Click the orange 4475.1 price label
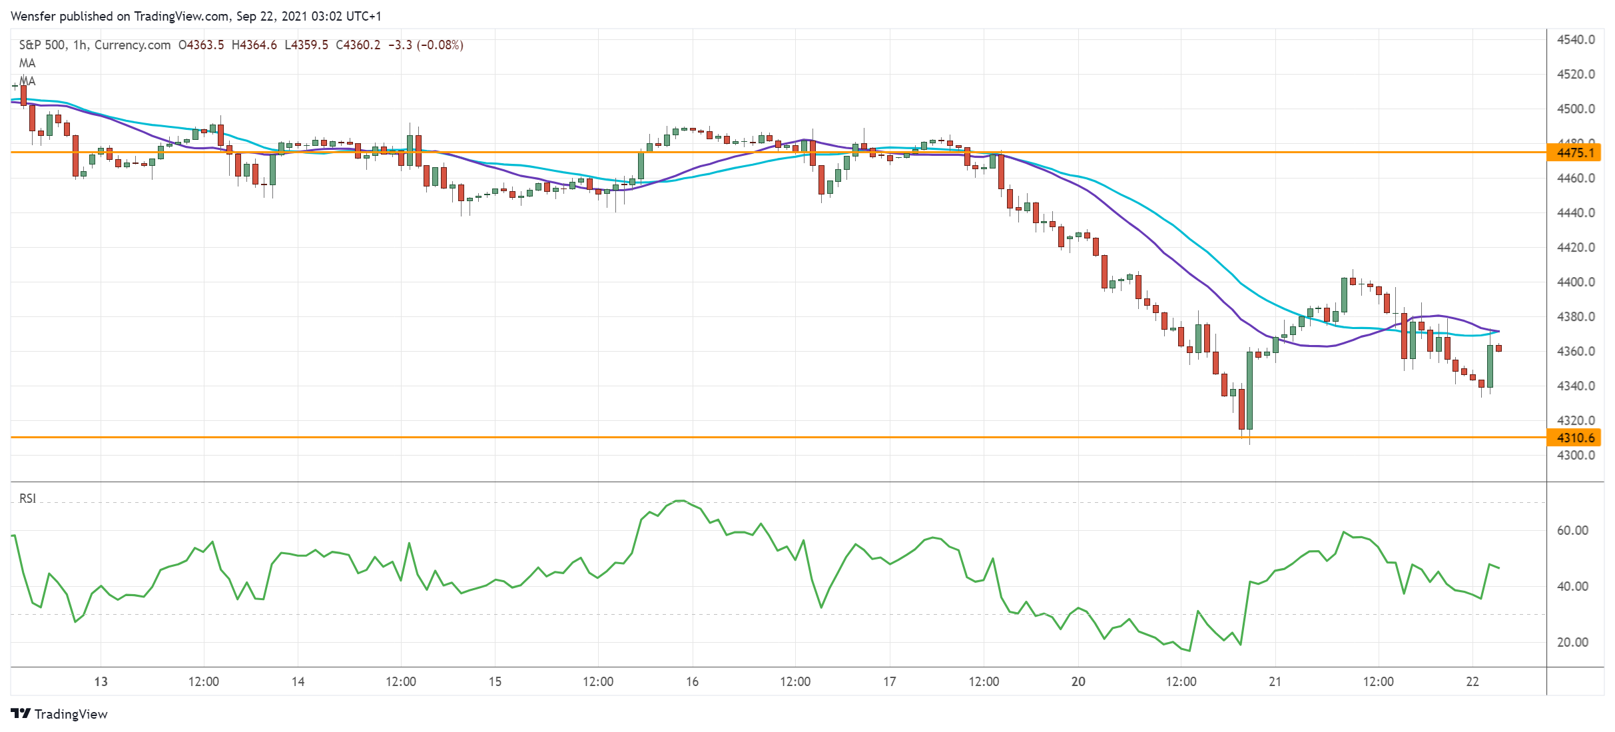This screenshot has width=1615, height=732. (1576, 153)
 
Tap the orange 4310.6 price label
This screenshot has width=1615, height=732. (1576, 438)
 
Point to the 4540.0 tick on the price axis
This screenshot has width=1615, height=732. (1576, 40)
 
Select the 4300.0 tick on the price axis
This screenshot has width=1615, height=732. (1576, 456)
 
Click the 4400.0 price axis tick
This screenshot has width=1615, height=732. (1576, 282)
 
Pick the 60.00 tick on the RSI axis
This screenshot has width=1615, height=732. (1572, 531)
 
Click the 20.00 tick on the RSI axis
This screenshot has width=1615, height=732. (1572, 643)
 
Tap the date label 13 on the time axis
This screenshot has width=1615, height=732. (101, 681)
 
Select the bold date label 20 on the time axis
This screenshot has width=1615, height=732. (1078, 681)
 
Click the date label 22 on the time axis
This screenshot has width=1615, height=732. (1472, 681)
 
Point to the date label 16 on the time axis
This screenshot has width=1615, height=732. (693, 681)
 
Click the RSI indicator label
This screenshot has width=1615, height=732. (27, 499)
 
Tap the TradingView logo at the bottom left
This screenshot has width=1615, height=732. (59, 714)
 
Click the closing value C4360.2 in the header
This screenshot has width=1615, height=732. (358, 45)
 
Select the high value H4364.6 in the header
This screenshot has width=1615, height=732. (254, 45)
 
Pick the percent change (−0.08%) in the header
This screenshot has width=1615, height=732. (440, 45)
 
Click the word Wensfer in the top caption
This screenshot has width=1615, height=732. (33, 16)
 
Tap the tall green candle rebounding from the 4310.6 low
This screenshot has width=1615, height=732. (1249, 390)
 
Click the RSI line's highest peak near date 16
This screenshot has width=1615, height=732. (680, 500)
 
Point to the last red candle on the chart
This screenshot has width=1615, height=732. (1498, 348)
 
